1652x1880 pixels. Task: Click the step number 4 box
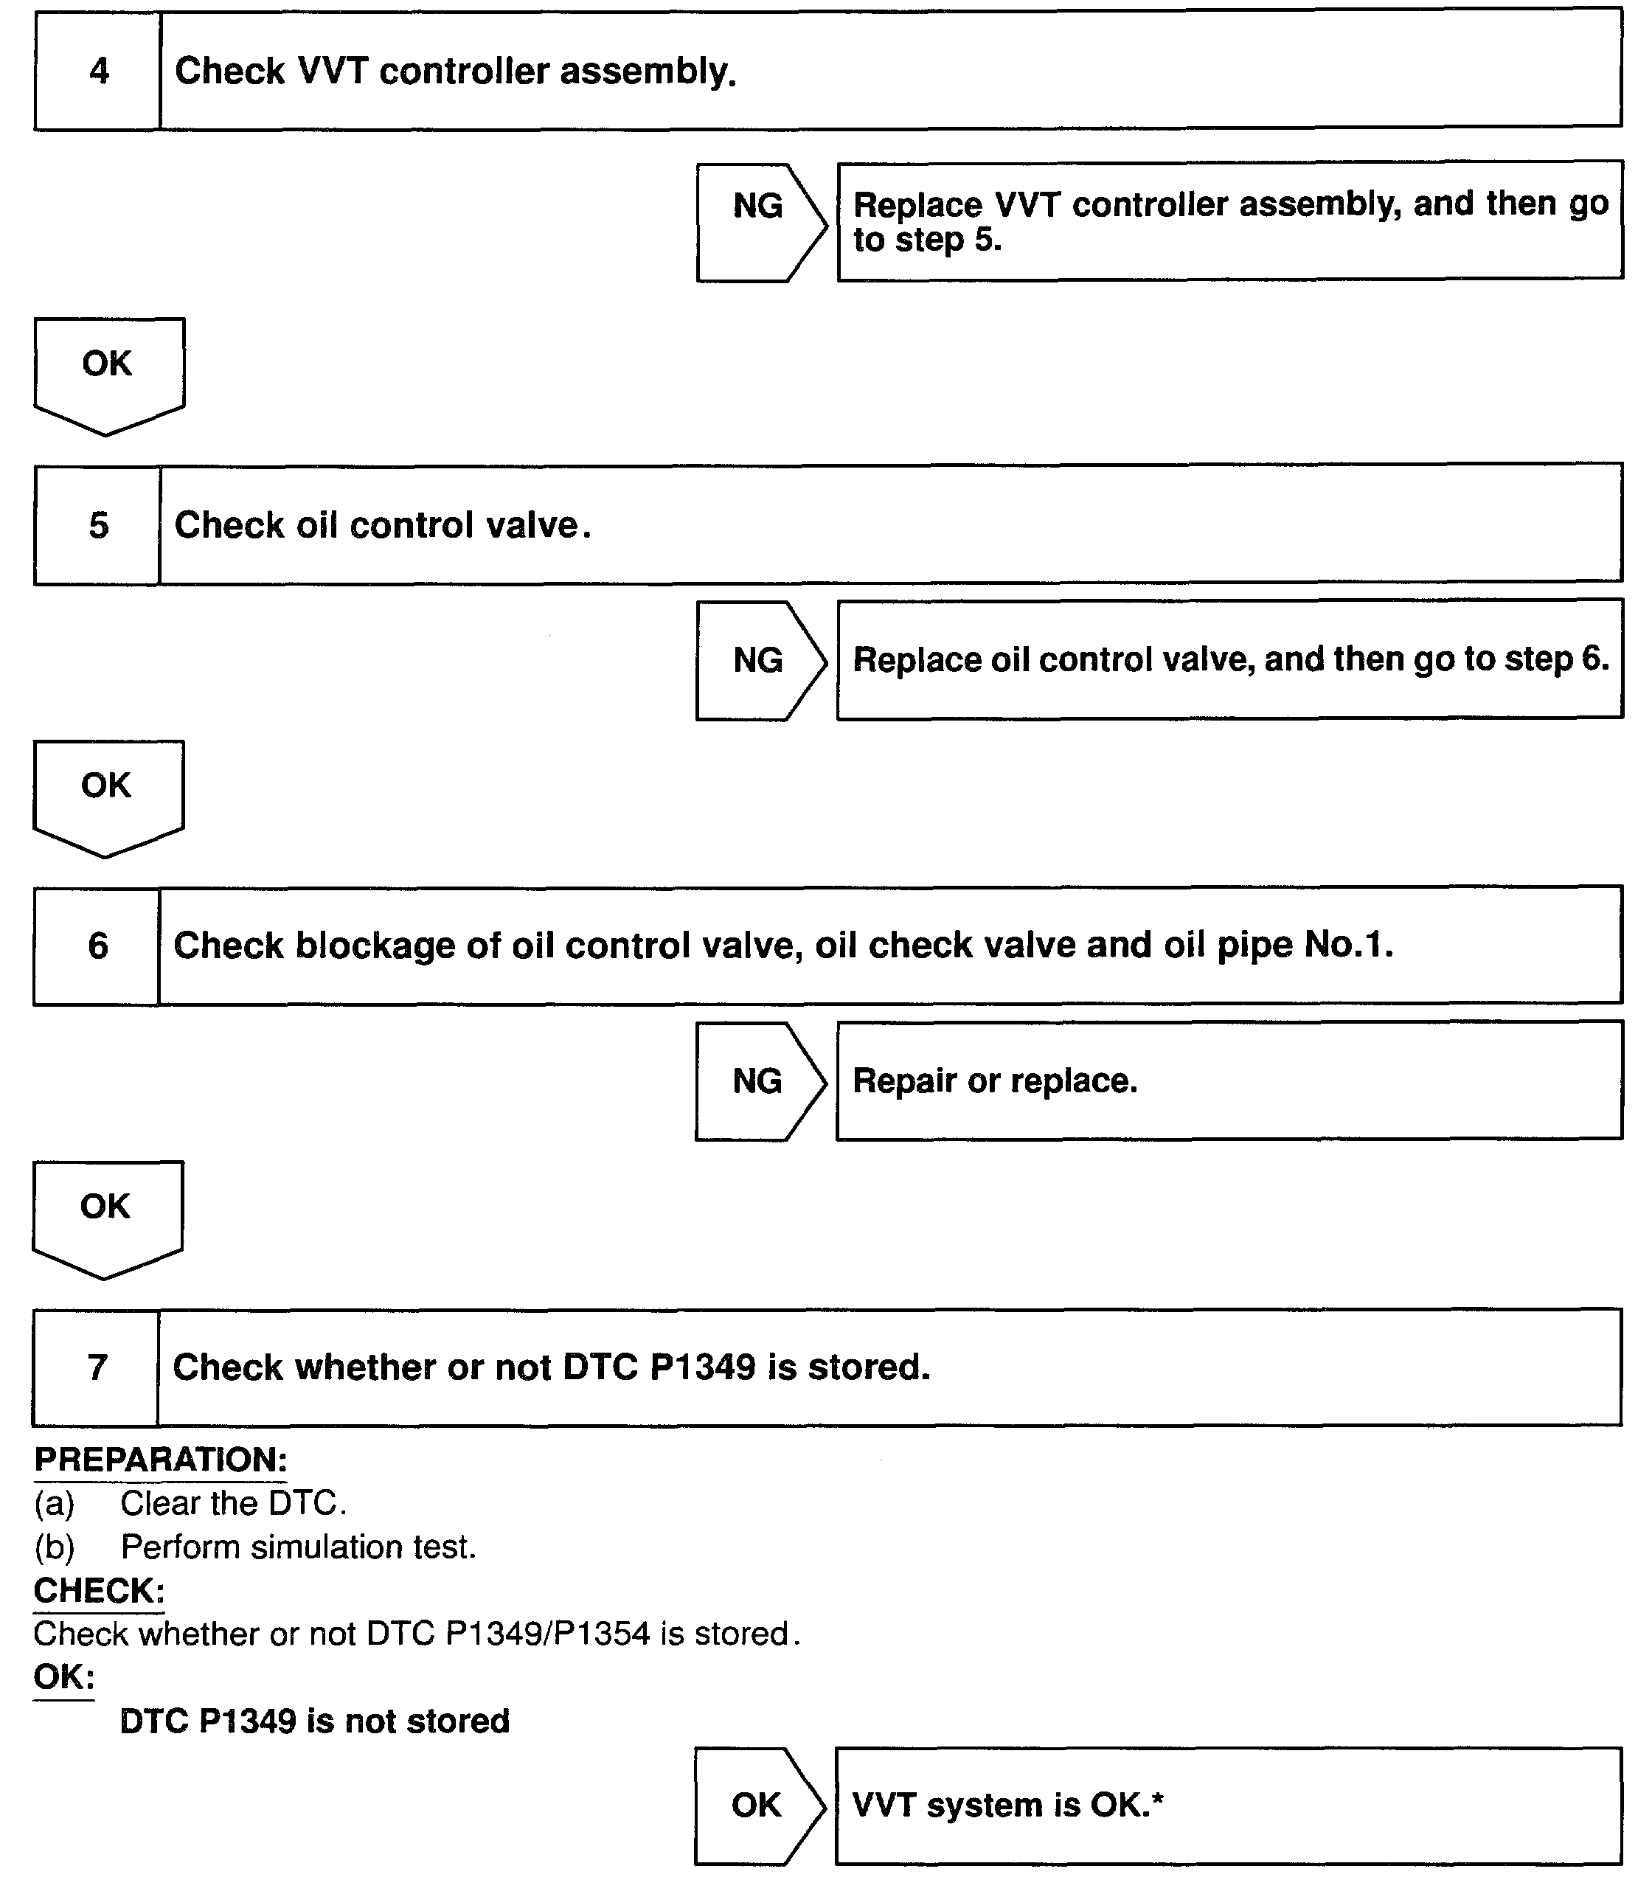(97, 71)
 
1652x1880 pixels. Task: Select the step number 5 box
(97, 525)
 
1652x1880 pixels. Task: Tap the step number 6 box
(97, 946)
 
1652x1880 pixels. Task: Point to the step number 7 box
(97, 1367)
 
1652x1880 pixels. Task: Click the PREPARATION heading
(161, 1460)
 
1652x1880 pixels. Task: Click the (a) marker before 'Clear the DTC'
(55, 1504)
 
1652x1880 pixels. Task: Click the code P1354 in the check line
(603, 1634)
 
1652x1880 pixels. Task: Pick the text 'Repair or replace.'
(994, 1081)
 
